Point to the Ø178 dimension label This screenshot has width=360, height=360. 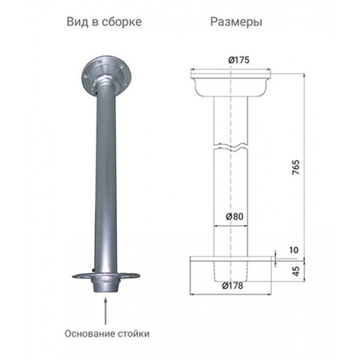[x=233, y=286]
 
